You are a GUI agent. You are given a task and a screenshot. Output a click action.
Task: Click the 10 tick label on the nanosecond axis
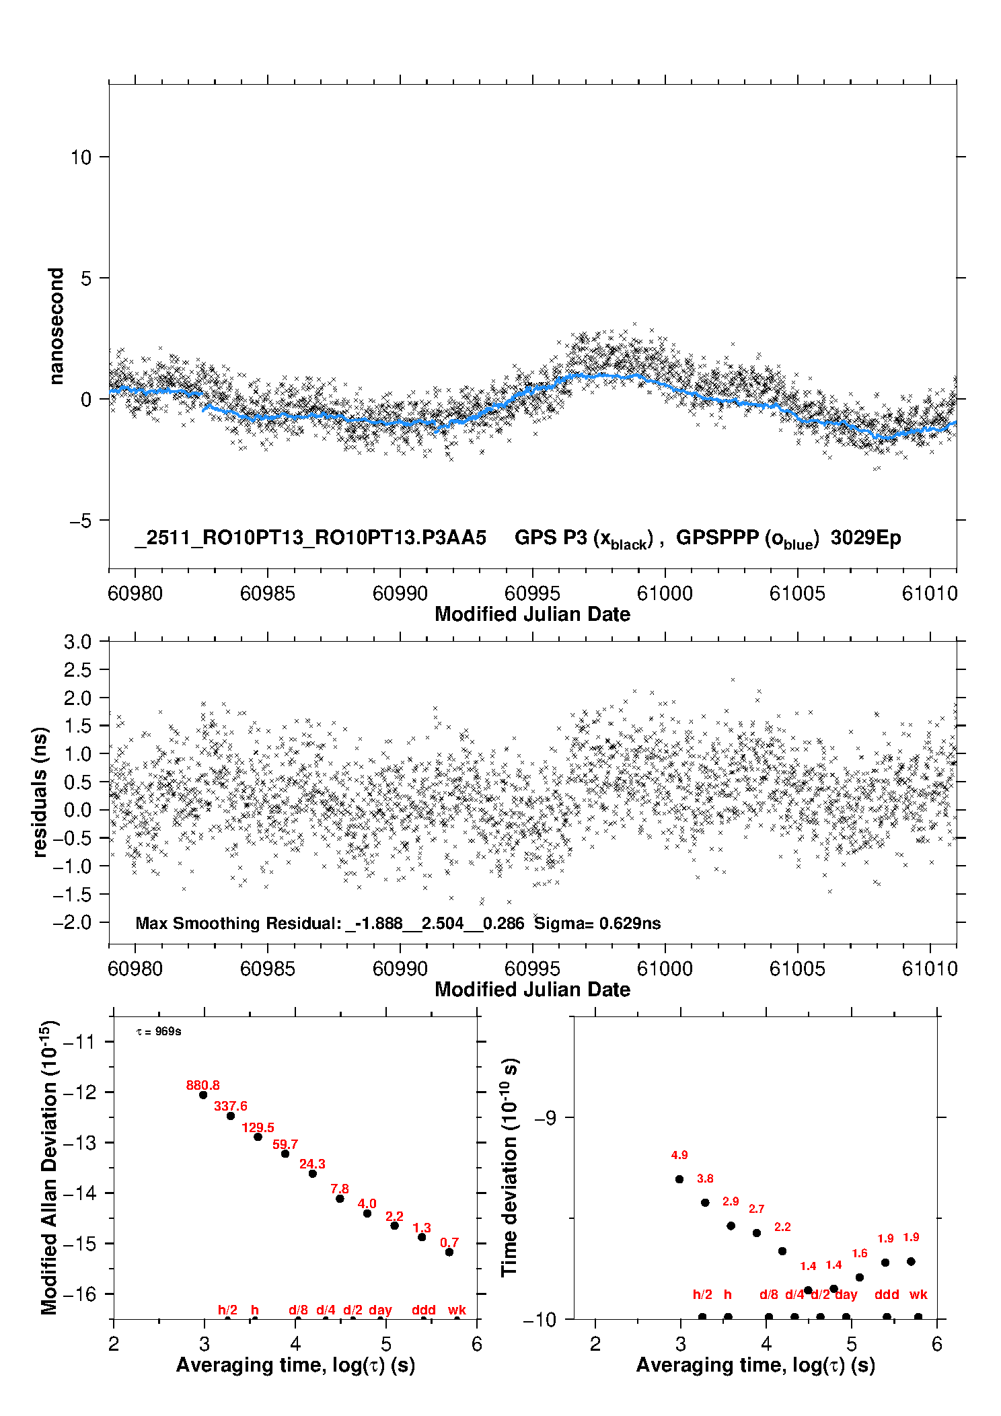click(x=81, y=157)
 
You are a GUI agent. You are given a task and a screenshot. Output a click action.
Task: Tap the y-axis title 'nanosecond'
click(x=56, y=326)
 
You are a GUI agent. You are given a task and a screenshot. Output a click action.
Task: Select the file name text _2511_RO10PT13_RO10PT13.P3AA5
click(x=310, y=538)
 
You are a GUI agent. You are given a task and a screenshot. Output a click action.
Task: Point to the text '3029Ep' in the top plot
click(x=865, y=538)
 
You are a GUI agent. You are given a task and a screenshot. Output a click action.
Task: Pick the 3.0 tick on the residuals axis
click(x=77, y=642)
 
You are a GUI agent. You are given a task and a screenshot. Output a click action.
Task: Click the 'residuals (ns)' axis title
click(x=40, y=792)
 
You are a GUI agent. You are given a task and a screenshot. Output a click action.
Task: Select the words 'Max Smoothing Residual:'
click(x=239, y=924)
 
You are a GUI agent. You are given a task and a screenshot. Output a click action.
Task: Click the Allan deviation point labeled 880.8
click(x=203, y=1095)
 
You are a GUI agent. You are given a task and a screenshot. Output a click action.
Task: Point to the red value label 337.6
click(x=231, y=1106)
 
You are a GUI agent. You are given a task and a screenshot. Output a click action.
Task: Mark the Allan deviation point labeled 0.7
click(x=449, y=1253)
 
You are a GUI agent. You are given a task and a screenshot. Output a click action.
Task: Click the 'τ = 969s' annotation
click(x=159, y=1031)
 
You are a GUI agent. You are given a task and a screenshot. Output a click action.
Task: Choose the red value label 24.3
click(x=312, y=1164)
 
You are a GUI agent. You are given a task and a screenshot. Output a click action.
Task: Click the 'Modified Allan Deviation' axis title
click(x=50, y=1168)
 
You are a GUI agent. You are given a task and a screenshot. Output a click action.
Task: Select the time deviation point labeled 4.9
click(x=679, y=1179)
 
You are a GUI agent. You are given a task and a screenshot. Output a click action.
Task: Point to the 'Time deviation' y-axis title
click(x=510, y=1168)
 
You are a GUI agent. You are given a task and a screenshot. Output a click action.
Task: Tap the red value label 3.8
click(x=705, y=1179)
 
